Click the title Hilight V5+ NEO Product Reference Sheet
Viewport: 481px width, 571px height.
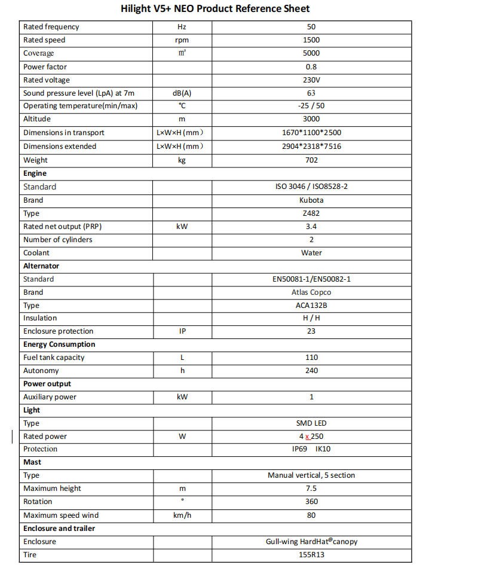[215, 8]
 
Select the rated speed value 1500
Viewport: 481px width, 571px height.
[311, 40]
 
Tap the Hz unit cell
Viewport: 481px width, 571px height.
[182, 27]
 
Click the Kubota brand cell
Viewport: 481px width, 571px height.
[311, 200]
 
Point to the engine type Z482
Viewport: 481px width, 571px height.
[311, 213]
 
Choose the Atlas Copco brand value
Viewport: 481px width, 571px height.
[311, 292]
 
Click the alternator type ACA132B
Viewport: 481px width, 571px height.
[311, 306]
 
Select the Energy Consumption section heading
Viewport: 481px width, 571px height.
[59, 344]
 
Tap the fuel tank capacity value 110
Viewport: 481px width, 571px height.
[311, 358]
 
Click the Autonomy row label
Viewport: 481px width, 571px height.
[41, 371]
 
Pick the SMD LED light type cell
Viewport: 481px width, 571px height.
[311, 423]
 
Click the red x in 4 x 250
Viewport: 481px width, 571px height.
[307, 437]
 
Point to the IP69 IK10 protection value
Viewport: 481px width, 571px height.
[311, 449]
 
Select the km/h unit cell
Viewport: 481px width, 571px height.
[182, 515]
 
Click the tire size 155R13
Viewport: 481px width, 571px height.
[311, 555]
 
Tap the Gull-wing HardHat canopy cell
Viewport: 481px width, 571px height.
[311, 542]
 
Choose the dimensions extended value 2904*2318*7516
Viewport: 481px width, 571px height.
[311, 146]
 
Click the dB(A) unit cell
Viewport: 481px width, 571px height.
[182, 93]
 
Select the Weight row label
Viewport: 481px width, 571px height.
[35, 160]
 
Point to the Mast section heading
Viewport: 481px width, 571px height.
[32, 462]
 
